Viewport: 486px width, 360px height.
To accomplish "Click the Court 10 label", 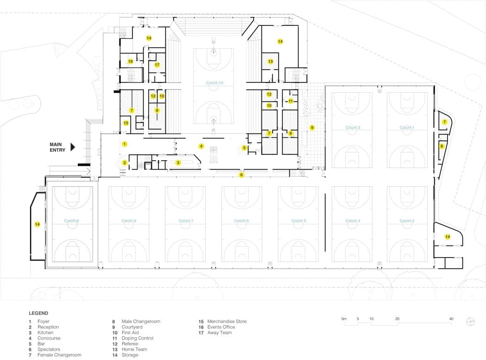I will [x=215, y=83].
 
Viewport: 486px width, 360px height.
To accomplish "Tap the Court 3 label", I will [x=353, y=127].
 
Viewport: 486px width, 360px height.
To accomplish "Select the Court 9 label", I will [x=71, y=221].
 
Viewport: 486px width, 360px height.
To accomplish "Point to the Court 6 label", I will [x=241, y=221].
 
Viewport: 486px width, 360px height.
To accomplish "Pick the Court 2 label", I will [x=406, y=221].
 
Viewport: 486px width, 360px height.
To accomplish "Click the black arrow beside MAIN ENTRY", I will [x=73, y=147].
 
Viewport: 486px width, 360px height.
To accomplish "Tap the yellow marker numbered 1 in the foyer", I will [x=124, y=144].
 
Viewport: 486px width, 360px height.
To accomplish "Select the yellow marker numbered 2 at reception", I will [x=124, y=163].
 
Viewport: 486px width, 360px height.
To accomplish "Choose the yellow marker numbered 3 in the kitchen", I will [x=178, y=163].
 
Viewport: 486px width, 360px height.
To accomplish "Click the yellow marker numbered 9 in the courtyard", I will [x=312, y=127].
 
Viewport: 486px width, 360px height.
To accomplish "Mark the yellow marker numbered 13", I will [x=270, y=61].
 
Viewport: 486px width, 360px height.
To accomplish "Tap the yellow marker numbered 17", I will [x=157, y=65].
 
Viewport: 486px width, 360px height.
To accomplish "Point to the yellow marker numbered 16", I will [x=131, y=61].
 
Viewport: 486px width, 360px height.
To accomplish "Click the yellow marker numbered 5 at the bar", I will [x=244, y=148].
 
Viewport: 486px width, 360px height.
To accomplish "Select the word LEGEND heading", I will [x=38, y=313].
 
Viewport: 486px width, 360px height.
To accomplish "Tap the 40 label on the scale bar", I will [x=450, y=319].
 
